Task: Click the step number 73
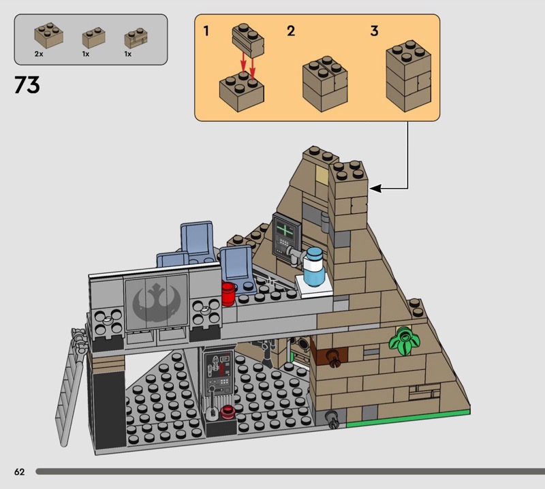27,86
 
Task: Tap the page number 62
18,472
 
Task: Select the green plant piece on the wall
403,340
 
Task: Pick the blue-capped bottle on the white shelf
314,267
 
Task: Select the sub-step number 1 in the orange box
206,31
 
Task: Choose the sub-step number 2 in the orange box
291,31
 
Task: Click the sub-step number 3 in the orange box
374,31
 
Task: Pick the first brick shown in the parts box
49,34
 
